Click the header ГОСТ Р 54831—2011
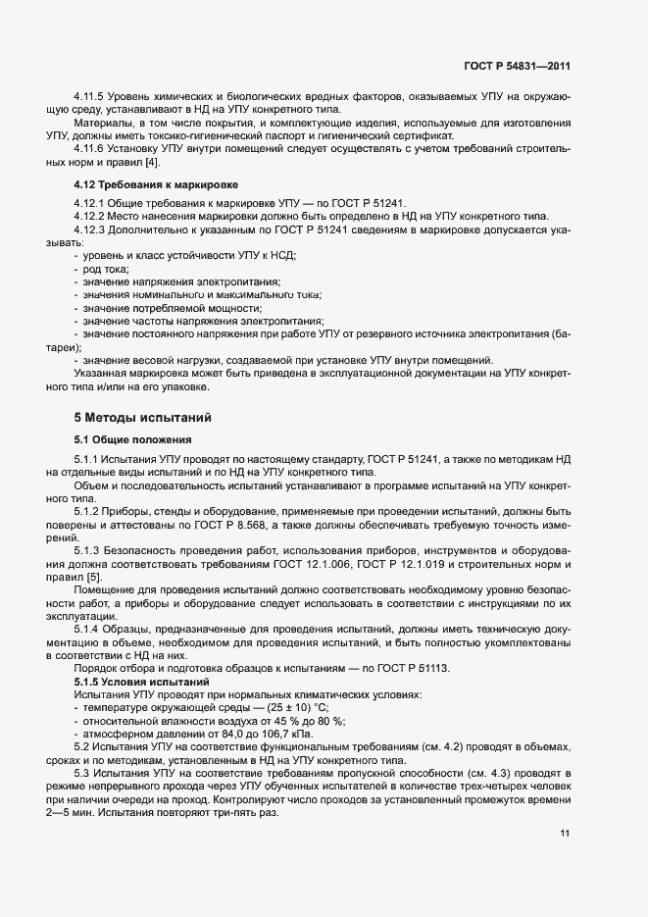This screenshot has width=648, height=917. pyautogui.click(x=517, y=66)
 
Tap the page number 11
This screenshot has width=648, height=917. pyautogui.click(x=565, y=834)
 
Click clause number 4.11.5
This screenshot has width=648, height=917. pyautogui.click(x=90, y=97)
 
